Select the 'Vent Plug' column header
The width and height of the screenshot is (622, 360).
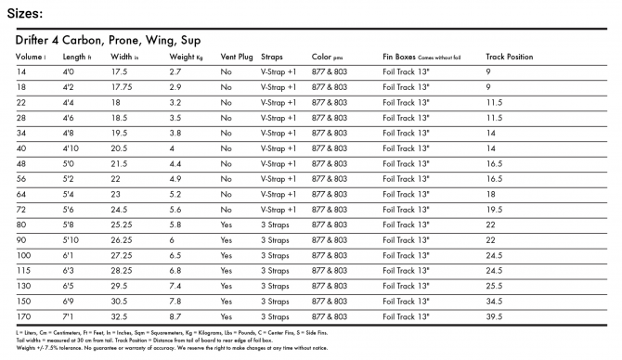tap(237, 57)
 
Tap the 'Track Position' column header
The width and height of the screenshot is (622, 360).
tap(510, 57)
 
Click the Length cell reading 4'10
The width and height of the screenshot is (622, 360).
tap(70, 148)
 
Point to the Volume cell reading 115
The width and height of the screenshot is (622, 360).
tap(23, 269)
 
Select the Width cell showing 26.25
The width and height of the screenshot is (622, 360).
tap(124, 238)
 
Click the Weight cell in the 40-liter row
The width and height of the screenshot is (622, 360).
tap(172, 148)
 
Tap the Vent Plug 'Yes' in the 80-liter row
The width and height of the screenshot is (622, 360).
tap(227, 224)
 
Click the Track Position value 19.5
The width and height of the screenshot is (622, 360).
tap(494, 209)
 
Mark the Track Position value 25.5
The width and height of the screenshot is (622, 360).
tap(494, 285)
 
